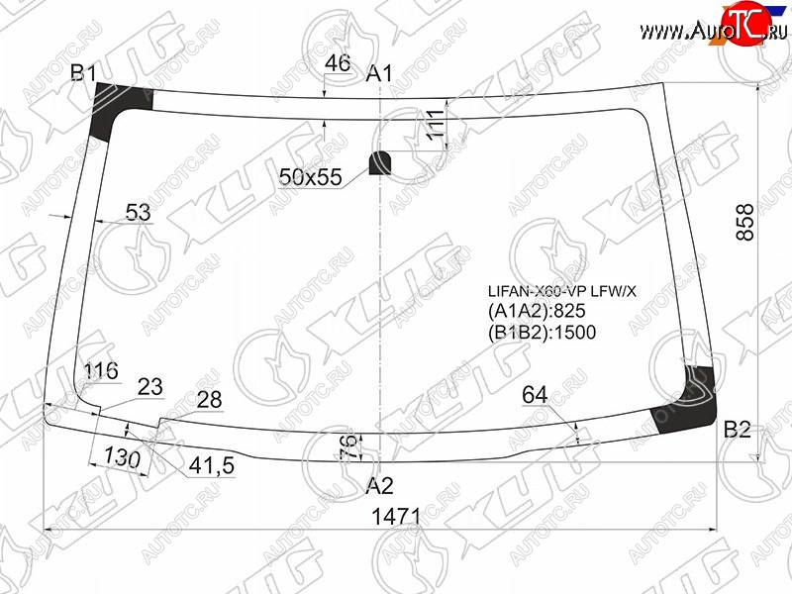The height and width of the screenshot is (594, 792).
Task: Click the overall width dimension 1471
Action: [396, 516]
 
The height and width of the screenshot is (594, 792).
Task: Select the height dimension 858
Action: [745, 222]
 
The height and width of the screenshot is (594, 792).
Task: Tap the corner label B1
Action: [83, 73]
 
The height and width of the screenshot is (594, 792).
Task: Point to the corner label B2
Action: [737, 430]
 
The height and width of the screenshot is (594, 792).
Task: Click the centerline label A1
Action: [379, 73]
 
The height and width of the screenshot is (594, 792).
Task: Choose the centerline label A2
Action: [379, 485]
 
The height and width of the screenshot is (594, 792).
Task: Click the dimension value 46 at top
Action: [338, 63]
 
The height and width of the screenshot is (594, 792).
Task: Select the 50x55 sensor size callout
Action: [310, 177]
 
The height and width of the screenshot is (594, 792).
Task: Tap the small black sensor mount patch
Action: [379, 162]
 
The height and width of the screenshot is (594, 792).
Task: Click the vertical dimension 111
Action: [436, 124]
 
